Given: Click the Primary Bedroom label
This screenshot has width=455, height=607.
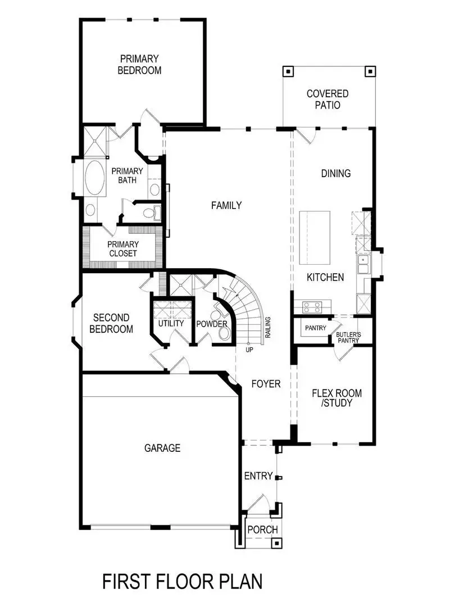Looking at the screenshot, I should coord(139,65).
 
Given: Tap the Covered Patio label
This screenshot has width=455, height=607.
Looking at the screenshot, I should coord(327,99).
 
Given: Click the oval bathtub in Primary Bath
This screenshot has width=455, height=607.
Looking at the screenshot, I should coord(94,178).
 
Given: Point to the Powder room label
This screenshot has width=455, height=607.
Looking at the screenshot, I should coord(211,324).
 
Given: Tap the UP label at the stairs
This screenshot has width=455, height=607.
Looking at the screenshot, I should coord(249,350).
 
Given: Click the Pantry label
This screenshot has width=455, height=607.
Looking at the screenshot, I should coord(316,328).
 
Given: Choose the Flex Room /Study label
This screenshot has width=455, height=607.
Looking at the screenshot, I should coord(336,398).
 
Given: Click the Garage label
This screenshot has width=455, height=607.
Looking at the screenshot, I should coord(162,448).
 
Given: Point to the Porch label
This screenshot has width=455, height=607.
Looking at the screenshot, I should coord(262,530).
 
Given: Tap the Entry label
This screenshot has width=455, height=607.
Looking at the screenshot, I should coord(258,476).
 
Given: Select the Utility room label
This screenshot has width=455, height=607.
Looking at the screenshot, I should coord(171,324).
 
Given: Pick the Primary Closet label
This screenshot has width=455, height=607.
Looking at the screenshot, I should coord(122,248).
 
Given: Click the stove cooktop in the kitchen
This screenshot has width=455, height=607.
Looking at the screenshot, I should coord(312,307).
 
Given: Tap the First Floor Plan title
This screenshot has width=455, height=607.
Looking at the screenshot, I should coord(183,581).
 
